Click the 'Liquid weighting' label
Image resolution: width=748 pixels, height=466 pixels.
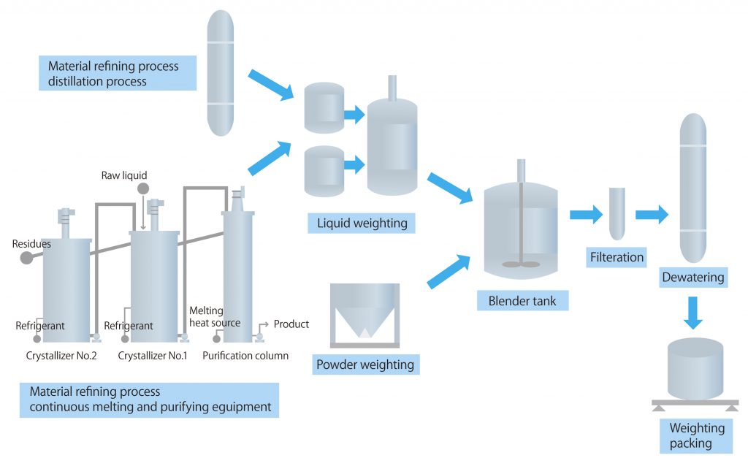(362, 223)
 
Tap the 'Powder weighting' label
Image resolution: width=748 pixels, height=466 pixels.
(365, 364)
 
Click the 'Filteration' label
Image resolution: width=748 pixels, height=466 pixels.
(617, 256)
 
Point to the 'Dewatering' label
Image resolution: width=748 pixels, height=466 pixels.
(692, 277)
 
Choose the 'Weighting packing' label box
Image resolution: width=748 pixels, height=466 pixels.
(696, 436)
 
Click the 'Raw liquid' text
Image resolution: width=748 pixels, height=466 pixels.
(124, 175)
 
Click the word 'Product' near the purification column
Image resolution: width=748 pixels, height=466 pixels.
(291, 324)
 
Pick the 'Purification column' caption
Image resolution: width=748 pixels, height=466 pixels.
(245, 356)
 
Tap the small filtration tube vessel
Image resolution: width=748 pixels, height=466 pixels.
(617, 213)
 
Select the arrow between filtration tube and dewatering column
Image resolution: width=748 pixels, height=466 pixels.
(652, 214)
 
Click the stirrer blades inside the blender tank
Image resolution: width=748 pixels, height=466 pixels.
(520, 264)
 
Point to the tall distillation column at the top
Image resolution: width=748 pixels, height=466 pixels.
(221, 73)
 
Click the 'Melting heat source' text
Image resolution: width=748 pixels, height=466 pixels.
(214, 317)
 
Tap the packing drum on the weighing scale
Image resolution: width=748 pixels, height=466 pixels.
(695, 369)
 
